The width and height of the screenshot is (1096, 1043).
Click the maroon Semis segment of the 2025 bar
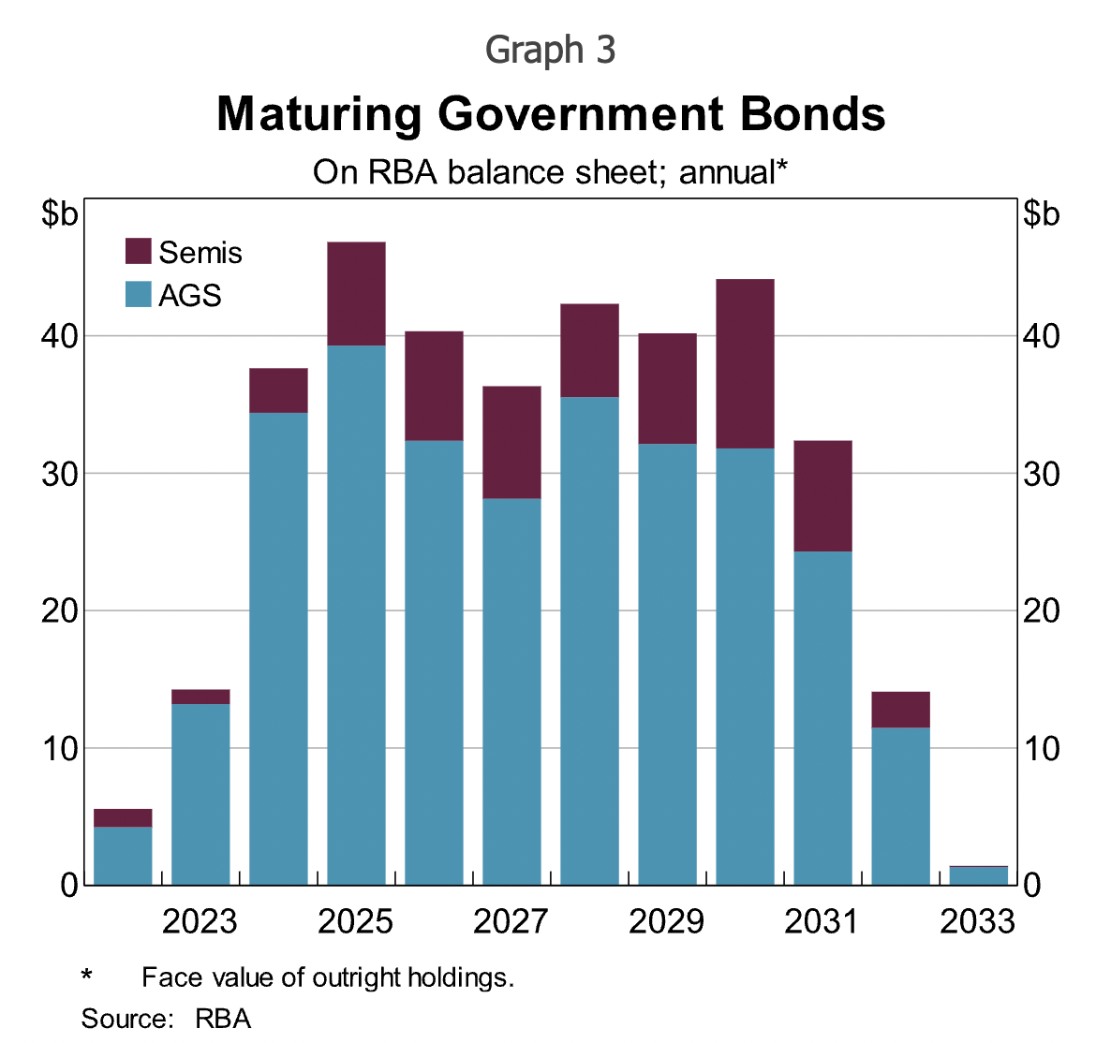click(x=356, y=294)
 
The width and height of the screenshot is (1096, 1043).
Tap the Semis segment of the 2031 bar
click(x=822, y=495)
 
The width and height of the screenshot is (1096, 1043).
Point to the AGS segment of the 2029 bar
click(x=667, y=664)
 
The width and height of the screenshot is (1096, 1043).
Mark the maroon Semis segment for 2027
click(x=511, y=442)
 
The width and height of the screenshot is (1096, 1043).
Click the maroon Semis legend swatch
click(x=139, y=252)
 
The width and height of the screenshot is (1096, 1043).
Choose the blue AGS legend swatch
click(x=139, y=295)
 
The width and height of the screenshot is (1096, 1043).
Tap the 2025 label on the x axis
click(x=355, y=922)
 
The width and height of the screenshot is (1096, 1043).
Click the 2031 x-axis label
click(x=822, y=922)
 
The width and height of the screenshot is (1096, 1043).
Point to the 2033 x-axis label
click(x=977, y=922)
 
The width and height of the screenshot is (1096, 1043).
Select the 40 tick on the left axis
click(x=59, y=336)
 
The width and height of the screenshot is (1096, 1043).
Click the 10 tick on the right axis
click(x=1041, y=748)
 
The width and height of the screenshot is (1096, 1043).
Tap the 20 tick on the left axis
click(x=59, y=610)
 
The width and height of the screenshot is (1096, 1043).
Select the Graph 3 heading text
click(x=551, y=50)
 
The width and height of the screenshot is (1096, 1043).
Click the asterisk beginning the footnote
click(x=87, y=977)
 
